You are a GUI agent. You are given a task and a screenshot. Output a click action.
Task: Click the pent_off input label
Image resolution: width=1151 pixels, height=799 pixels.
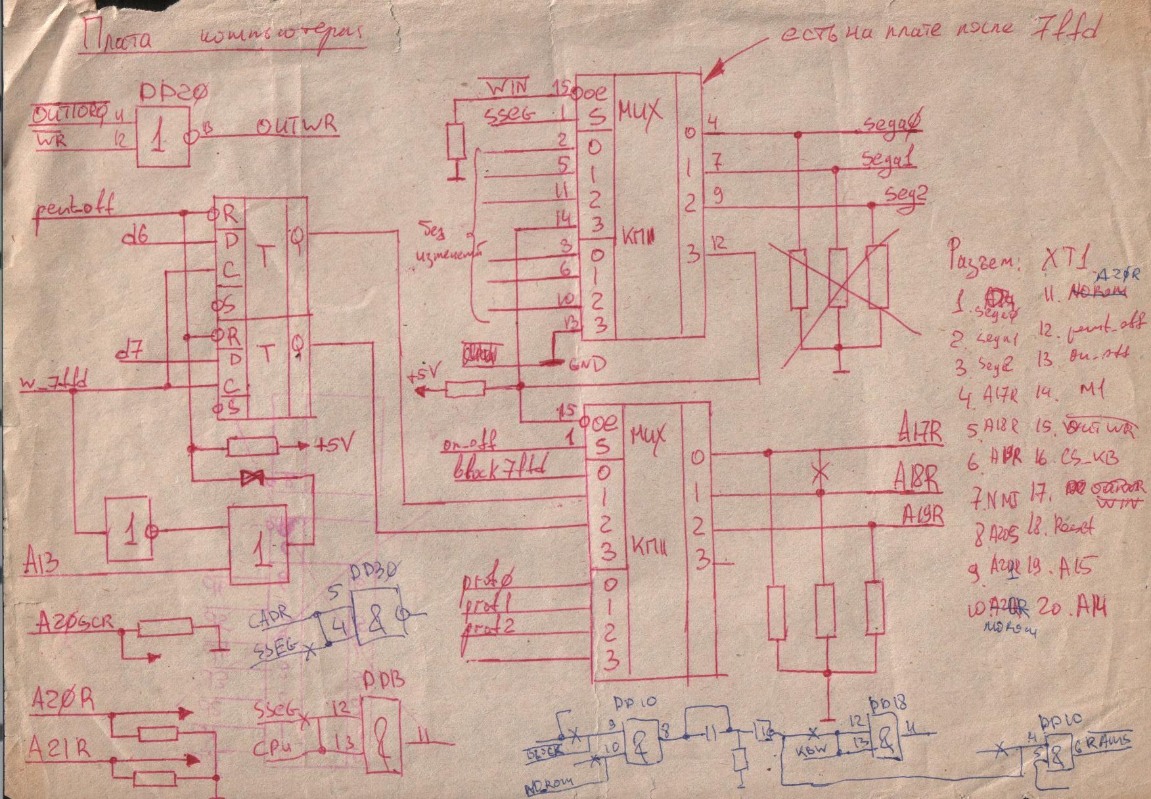pyautogui.click(x=72, y=208)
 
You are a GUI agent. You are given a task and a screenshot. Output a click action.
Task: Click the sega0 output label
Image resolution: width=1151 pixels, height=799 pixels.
pyautogui.click(x=890, y=126)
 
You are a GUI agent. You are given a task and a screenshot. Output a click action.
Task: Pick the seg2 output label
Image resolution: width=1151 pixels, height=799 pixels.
pyautogui.click(x=905, y=193)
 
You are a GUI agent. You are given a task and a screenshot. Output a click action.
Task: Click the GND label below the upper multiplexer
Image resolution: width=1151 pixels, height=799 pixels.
pyautogui.click(x=587, y=363)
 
